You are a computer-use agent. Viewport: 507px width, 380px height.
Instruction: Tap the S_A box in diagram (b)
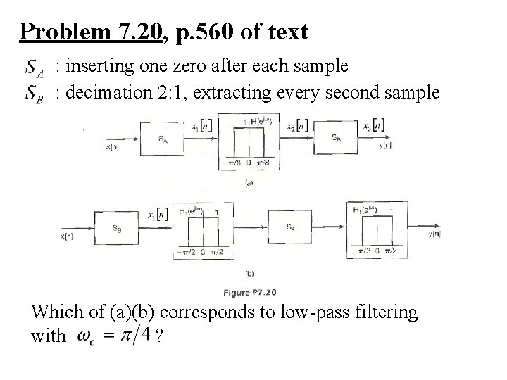click(x=291, y=227)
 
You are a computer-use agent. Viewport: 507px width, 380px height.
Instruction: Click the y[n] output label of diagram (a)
click(x=385, y=146)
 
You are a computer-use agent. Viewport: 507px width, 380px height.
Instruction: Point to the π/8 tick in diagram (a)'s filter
click(x=264, y=164)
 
